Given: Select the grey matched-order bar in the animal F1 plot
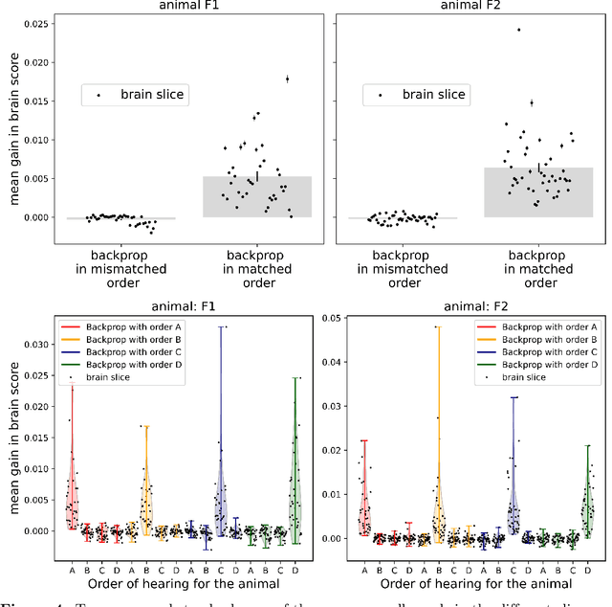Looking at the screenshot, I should [x=257, y=196].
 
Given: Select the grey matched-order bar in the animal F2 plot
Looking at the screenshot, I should [x=538, y=192].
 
